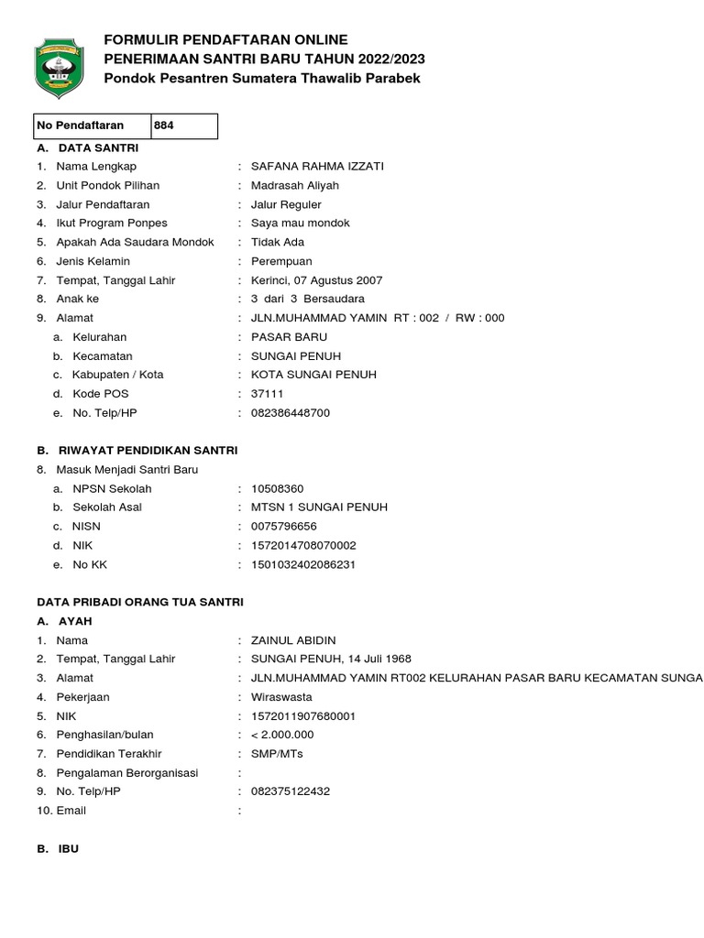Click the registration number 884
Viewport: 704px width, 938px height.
[164, 125]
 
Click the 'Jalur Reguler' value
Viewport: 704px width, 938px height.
[286, 204]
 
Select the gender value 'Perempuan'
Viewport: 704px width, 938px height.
[281, 261]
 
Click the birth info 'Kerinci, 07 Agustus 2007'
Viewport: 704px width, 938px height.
[316, 280]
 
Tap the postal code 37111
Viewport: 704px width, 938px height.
[267, 394]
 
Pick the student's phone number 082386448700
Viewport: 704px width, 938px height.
[290, 413]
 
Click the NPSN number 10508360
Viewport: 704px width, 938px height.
[277, 488]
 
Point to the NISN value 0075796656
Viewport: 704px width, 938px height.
[283, 527]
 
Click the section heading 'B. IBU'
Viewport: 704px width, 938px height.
[58, 849]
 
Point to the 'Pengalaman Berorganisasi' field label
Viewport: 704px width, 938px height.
[127, 773]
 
